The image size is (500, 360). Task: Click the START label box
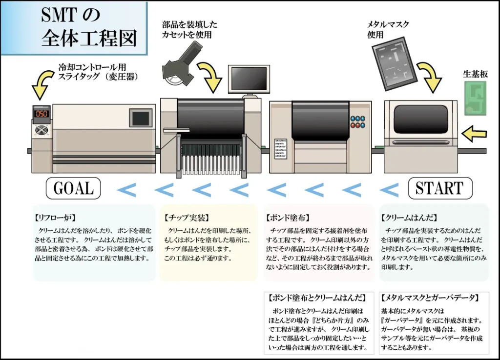[x=440, y=188]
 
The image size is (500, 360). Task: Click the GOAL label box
[x=73, y=188]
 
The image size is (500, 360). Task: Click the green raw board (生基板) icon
[x=475, y=98]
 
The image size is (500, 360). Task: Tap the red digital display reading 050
[x=42, y=114]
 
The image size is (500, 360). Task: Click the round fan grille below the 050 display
[x=42, y=131]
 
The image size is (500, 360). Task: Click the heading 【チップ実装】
[x=183, y=218]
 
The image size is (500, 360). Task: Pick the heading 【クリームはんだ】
[x=409, y=218]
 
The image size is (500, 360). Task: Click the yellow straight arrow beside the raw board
[x=474, y=132]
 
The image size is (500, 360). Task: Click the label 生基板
[x=475, y=74]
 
